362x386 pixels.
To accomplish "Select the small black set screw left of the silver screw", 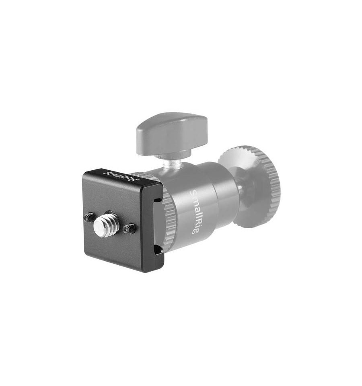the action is point(89,217).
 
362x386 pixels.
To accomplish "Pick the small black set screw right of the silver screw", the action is point(130,228).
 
